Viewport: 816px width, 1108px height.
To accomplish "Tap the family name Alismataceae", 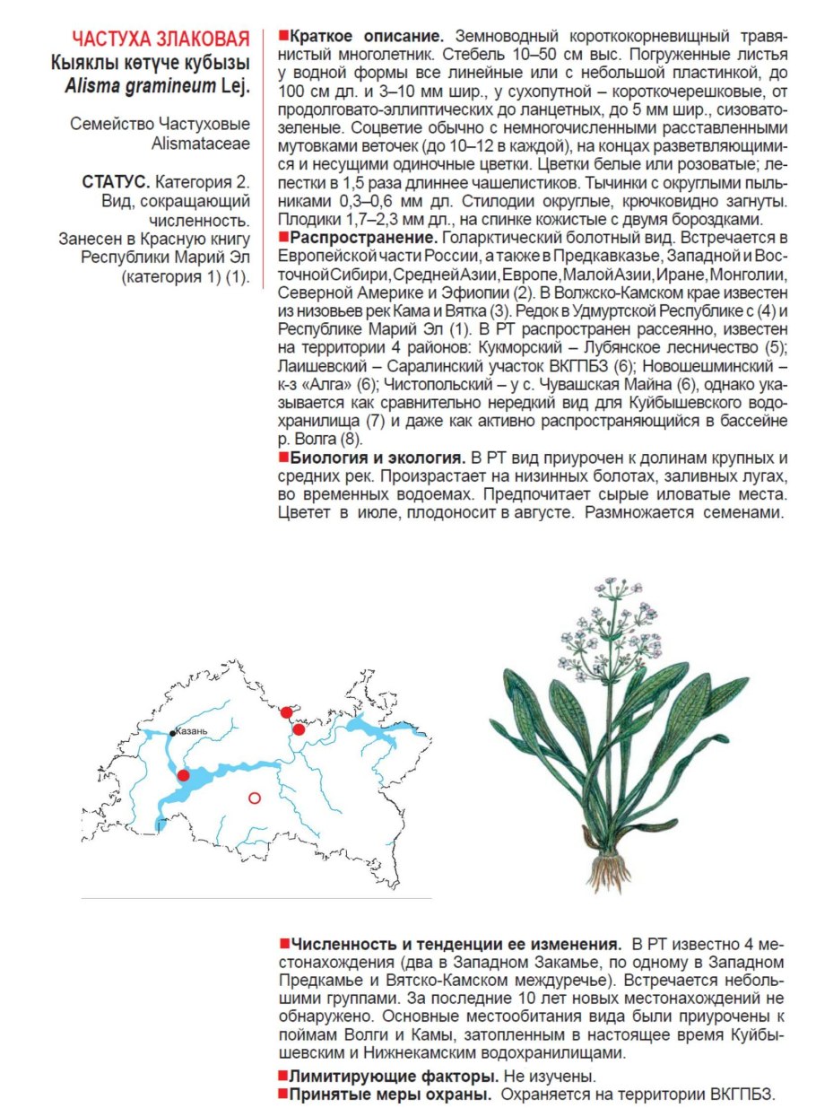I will tap(201, 144).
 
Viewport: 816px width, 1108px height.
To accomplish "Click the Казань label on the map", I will tap(193, 730).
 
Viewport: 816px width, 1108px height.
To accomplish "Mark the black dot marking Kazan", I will tap(174, 733).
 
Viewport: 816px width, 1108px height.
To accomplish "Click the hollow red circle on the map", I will tap(254, 798).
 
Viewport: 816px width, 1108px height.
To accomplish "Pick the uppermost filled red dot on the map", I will tap(286, 712).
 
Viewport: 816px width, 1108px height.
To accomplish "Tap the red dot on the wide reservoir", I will tap(184, 775).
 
